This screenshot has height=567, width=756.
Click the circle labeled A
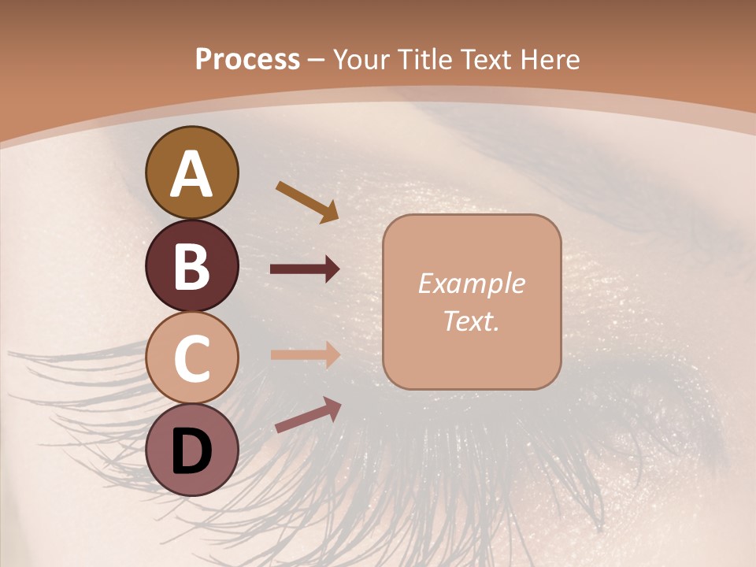(191, 172)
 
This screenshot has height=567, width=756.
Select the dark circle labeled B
(191, 265)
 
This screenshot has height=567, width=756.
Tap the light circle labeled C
(191, 358)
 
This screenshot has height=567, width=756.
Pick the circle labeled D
(191, 450)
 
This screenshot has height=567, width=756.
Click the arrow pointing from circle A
(307, 202)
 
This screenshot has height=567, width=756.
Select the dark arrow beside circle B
(305, 269)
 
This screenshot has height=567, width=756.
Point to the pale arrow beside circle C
(305, 354)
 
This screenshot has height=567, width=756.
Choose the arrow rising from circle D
(308, 415)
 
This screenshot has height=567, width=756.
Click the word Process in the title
(247, 59)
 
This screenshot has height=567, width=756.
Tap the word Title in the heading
(423, 59)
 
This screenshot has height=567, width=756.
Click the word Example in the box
(471, 283)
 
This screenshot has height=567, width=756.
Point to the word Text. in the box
(471, 321)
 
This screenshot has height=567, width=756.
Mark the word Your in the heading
(359, 59)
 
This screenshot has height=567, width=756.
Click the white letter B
(191, 266)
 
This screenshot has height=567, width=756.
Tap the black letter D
(191, 451)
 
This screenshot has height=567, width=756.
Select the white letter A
(191, 174)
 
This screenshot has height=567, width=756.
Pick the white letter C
(191, 359)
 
